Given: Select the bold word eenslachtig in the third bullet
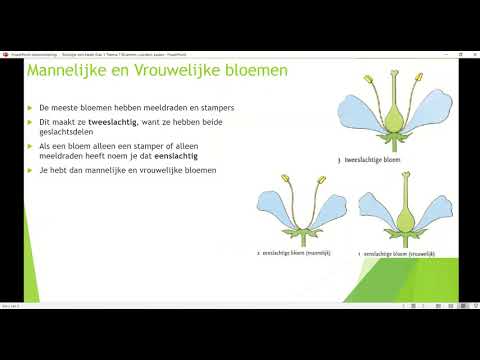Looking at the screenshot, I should tap(180, 156).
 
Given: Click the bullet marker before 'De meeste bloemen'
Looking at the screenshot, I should tap(30, 105).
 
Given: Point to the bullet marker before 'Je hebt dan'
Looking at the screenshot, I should tap(30, 172).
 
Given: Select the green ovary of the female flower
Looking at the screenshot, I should tap(404, 218).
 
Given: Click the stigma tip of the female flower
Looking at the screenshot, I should tap(404, 175).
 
